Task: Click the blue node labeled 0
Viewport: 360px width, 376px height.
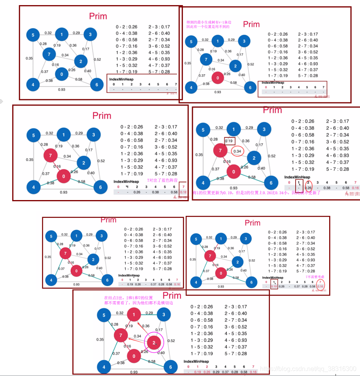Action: coord(61,74)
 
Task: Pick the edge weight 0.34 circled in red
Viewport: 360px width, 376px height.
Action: coord(237,151)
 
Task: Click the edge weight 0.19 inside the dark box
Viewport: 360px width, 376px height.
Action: coord(229,141)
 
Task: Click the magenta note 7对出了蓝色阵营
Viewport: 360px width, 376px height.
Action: coord(162,180)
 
